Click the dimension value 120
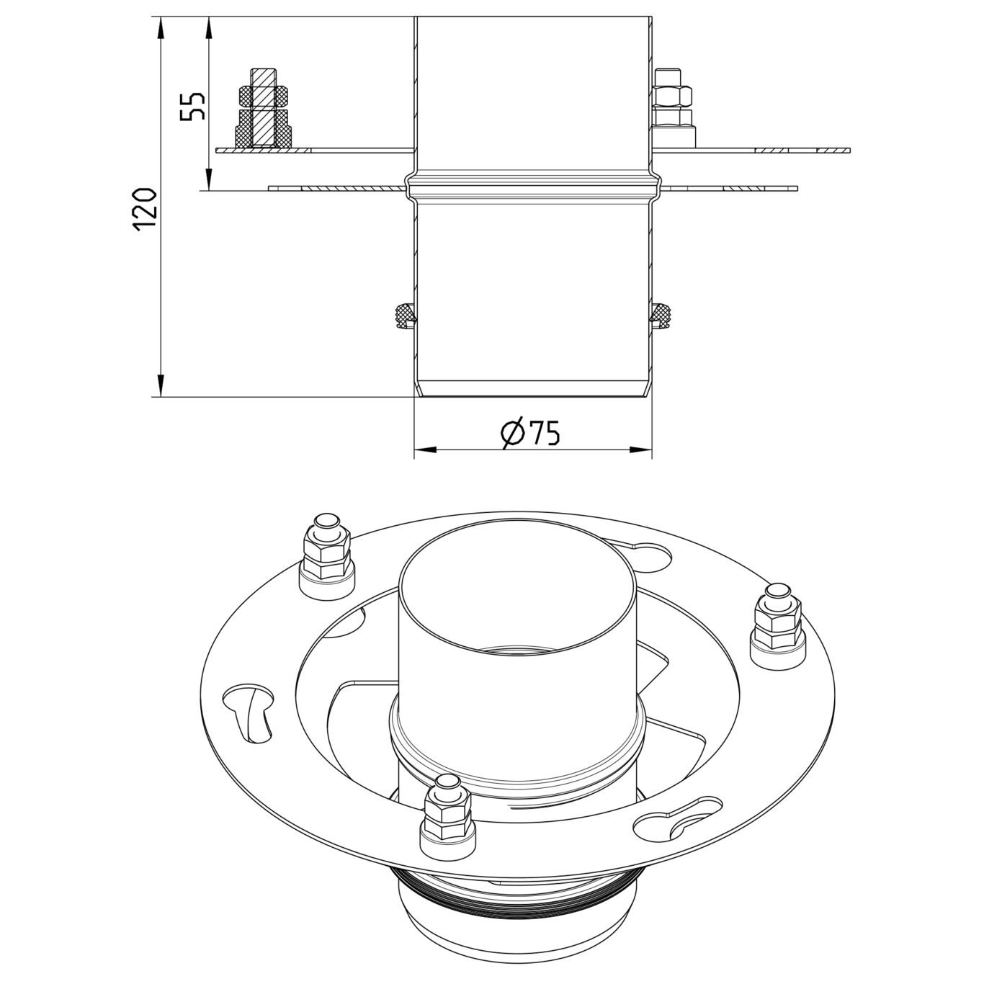pos(145,208)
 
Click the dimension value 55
pos(193,106)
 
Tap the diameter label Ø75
pos(531,432)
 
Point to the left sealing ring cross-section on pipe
pos(404,315)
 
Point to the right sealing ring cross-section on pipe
pos(661,315)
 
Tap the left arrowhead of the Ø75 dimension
pos(425,451)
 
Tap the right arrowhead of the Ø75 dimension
pos(640,451)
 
